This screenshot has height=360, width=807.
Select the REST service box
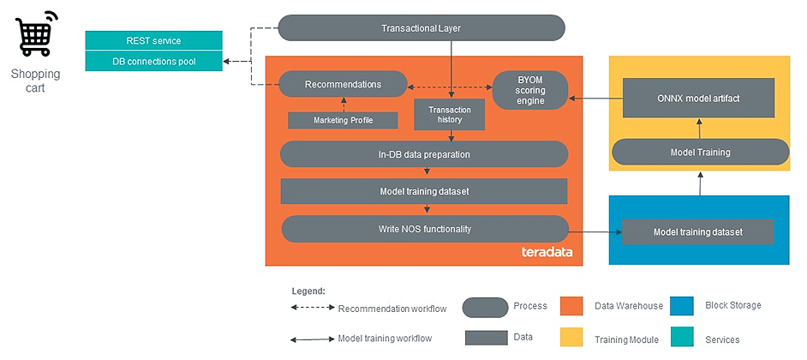153,40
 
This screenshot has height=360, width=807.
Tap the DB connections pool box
153,61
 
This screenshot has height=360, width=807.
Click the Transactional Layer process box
421,28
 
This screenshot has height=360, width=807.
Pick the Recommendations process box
343,84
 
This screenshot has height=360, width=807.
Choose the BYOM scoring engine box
530,89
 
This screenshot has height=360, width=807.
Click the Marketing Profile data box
343,120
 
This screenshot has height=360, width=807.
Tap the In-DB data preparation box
424,154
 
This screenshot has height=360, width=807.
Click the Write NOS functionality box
425,229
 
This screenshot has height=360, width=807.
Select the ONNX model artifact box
698,98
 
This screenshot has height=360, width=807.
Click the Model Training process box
700,152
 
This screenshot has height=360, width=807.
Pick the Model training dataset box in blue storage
697,231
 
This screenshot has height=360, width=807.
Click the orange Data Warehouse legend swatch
571,306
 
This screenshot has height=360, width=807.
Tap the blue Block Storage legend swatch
683,306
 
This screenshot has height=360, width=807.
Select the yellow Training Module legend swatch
571,338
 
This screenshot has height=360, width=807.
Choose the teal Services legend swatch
683,338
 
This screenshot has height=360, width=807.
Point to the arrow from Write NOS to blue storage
595,231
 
